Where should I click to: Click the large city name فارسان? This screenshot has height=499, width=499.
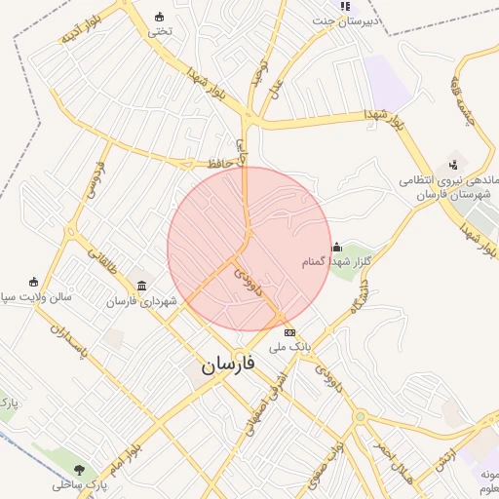(228, 365)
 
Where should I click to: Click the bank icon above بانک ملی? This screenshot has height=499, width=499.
(288, 332)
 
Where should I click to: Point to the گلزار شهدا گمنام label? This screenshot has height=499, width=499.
(350, 262)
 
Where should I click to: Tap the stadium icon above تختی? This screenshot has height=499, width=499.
(160, 17)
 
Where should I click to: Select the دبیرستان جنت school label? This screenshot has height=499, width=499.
(350, 19)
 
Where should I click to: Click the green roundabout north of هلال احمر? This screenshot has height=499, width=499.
(360, 417)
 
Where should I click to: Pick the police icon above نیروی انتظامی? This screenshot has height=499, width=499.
(453, 164)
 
